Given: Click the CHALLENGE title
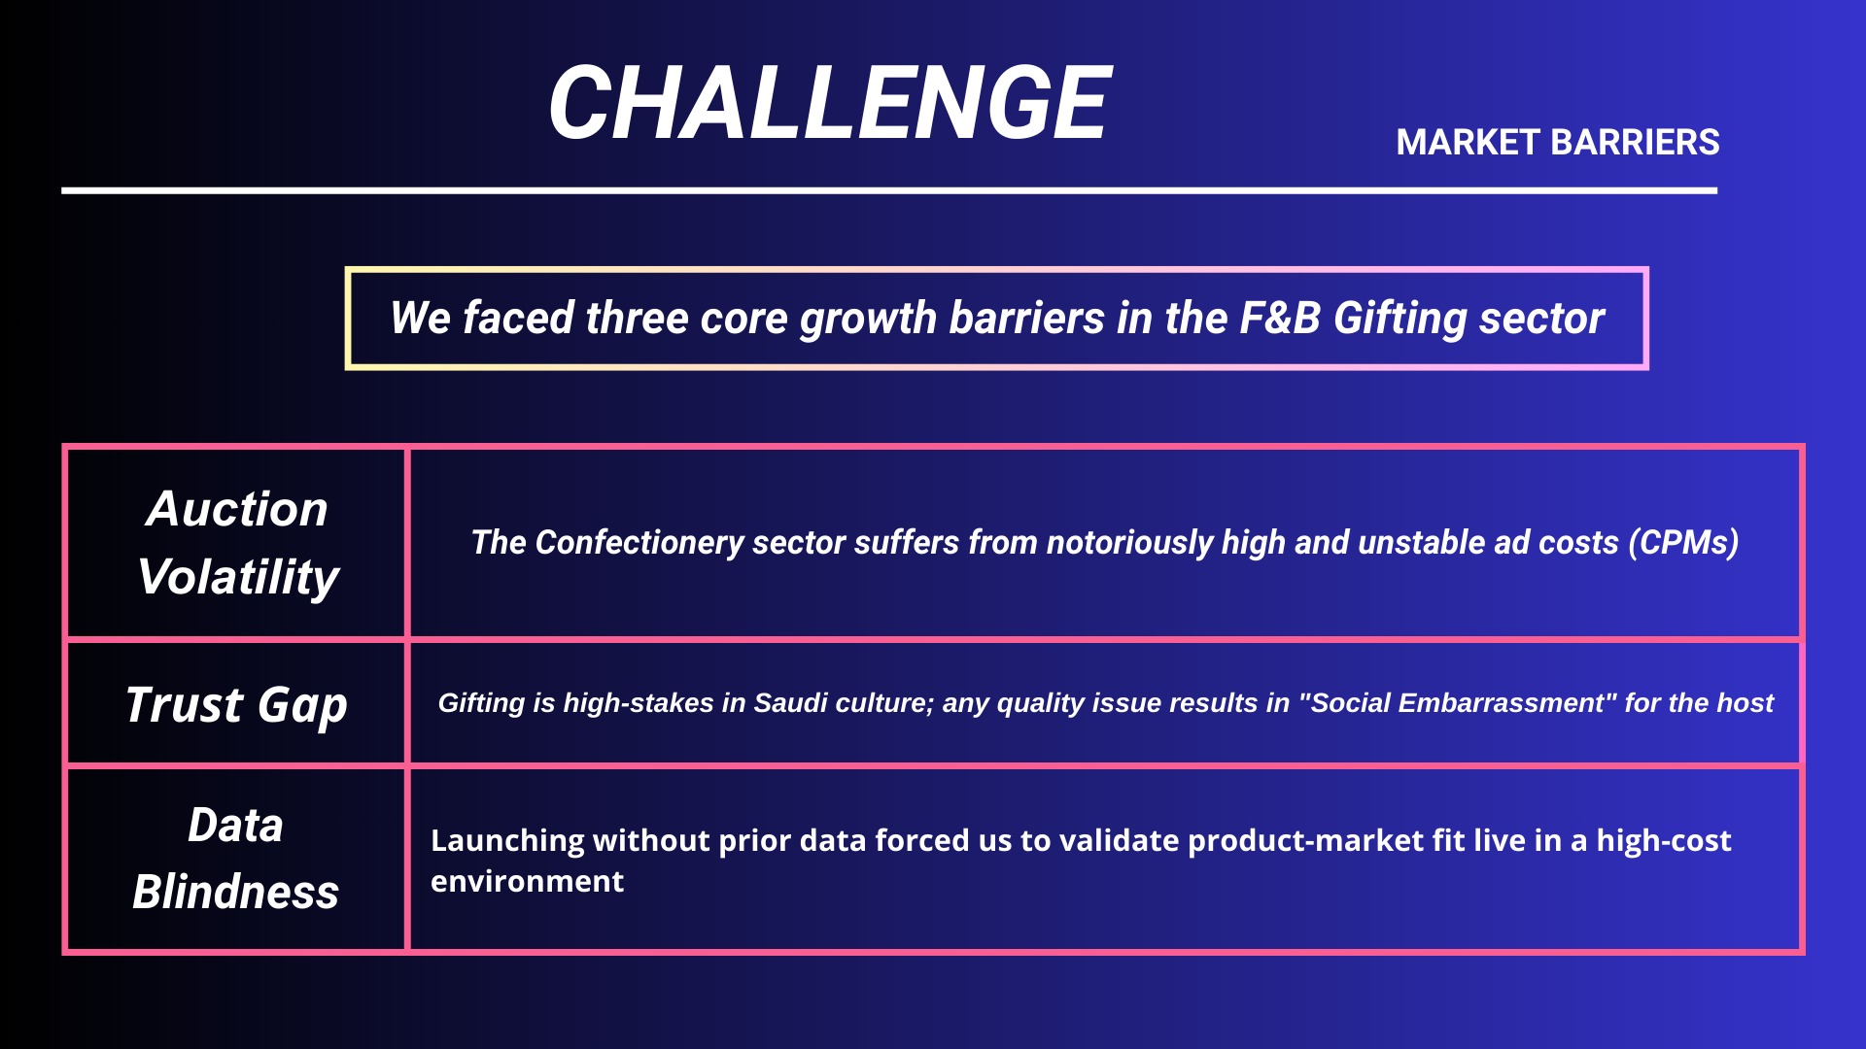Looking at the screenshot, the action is point(829,102).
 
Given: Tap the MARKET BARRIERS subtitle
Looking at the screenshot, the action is point(1558,143).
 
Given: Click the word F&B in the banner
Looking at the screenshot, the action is point(1280,318).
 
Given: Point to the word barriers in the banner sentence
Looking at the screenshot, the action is point(1026,318).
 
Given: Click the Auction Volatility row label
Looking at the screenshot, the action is point(237,543).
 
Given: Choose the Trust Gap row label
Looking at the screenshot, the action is point(236,704).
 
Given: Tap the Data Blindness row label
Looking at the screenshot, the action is point(236,859).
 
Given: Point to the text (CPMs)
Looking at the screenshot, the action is point(1683,542).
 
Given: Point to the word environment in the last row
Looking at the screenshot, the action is point(527,882).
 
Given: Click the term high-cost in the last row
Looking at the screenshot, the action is point(1664,841).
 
